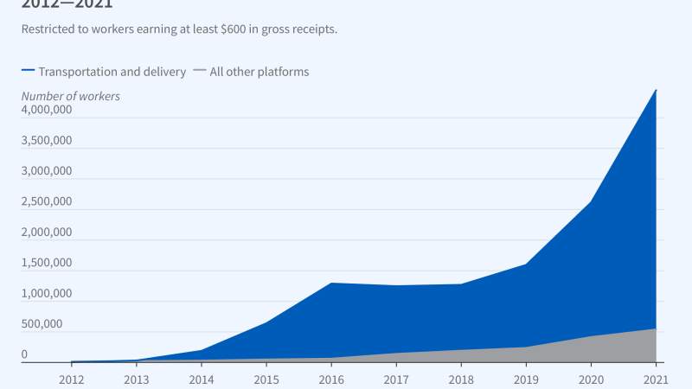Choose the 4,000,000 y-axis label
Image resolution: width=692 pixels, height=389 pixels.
point(47,111)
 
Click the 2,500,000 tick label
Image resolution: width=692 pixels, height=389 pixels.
point(47,202)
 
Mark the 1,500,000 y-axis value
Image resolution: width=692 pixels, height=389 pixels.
point(47,263)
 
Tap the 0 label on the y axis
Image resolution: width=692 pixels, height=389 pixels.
point(24,354)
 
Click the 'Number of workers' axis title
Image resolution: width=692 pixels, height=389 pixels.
point(70,96)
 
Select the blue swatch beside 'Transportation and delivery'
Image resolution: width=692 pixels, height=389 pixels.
point(29,72)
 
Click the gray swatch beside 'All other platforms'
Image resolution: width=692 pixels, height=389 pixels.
point(200,72)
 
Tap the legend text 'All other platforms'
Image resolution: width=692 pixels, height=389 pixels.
point(259,72)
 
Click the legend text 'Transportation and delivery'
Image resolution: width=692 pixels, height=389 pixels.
point(112,72)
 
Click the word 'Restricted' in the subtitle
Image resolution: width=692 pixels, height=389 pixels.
point(48,29)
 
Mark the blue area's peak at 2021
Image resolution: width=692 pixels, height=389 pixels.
point(656,90)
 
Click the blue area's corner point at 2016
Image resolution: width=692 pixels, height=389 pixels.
point(331,283)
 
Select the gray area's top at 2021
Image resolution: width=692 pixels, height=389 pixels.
point(656,328)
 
